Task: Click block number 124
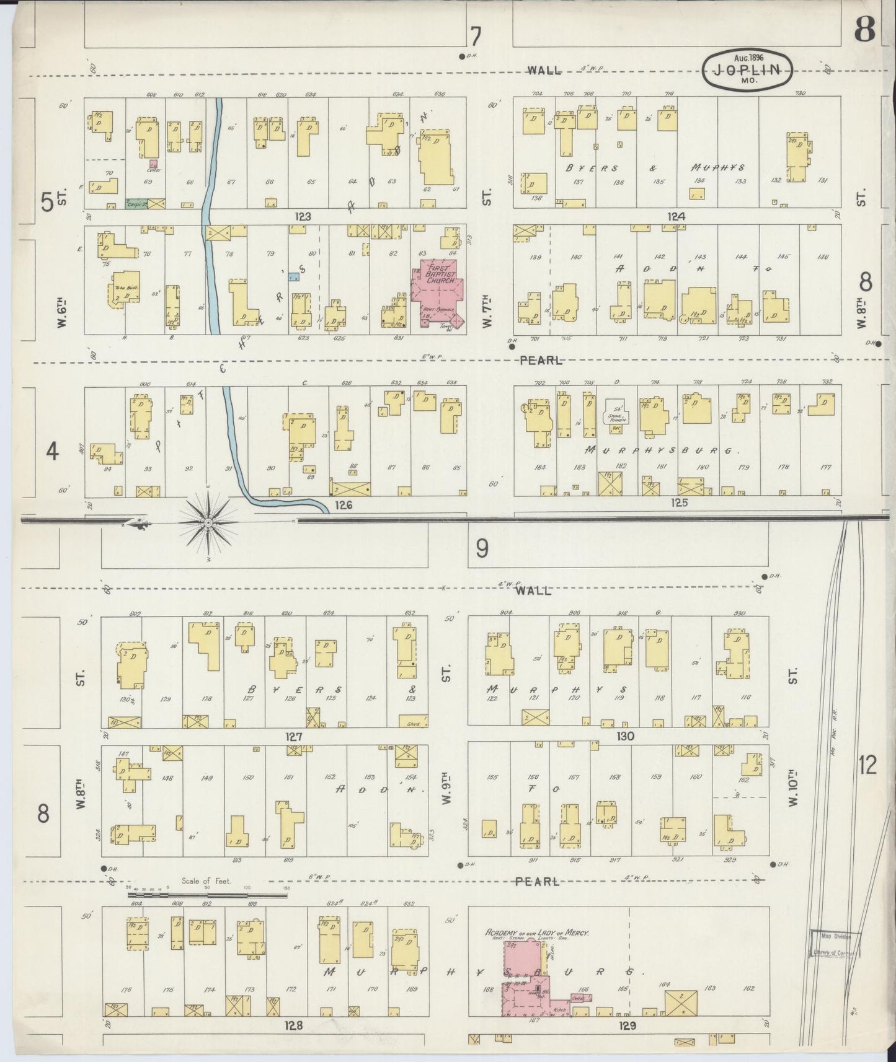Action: point(676,217)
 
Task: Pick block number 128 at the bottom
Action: point(293,1025)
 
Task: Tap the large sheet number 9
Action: point(482,548)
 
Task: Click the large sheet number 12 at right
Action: point(868,766)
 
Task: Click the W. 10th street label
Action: point(792,789)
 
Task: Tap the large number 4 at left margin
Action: point(52,452)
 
